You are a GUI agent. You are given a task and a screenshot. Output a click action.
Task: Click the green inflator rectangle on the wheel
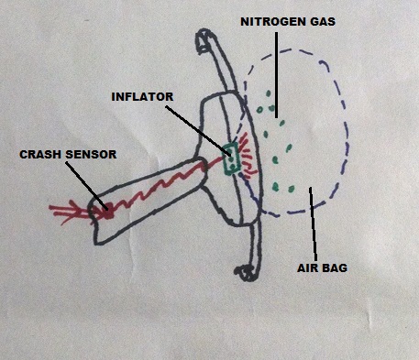point(231,157)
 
